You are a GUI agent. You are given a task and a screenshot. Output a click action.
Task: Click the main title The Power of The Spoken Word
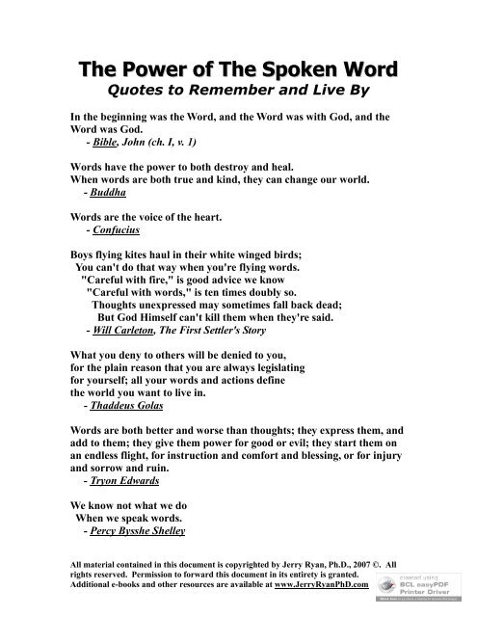tap(238, 69)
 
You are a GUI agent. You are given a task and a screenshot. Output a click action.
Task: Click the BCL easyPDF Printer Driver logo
tap(424, 580)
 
